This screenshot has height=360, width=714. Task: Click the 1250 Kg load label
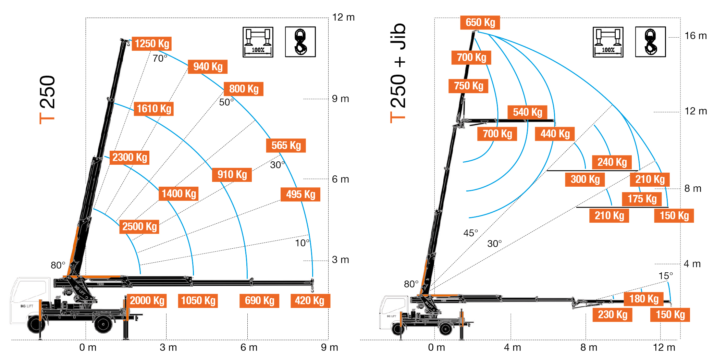(152, 44)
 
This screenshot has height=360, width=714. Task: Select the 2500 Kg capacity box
(139, 227)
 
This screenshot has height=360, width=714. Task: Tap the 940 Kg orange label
(208, 67)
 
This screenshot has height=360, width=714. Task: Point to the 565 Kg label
(286, 146)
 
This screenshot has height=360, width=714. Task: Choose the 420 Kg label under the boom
(310, 301)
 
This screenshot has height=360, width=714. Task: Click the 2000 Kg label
(147, 301)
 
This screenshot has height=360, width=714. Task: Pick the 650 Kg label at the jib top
(480, 23)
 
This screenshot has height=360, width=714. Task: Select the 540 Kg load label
(527, 112)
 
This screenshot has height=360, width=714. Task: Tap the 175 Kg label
(642, 199)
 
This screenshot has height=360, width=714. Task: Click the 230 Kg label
(612, 315)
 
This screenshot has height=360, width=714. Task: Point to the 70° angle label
(160, 59)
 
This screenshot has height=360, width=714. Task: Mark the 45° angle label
(470, 233)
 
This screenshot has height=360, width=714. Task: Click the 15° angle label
(665, 276)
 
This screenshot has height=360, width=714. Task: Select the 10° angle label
(302, 243)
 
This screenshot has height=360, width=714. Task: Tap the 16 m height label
(695, 36)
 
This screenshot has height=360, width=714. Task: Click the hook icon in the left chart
(300, 42)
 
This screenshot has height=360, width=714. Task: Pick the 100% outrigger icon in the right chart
(608, 42)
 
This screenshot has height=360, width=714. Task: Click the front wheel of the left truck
(36, 324)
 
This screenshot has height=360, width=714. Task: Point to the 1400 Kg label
(179, 194)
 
